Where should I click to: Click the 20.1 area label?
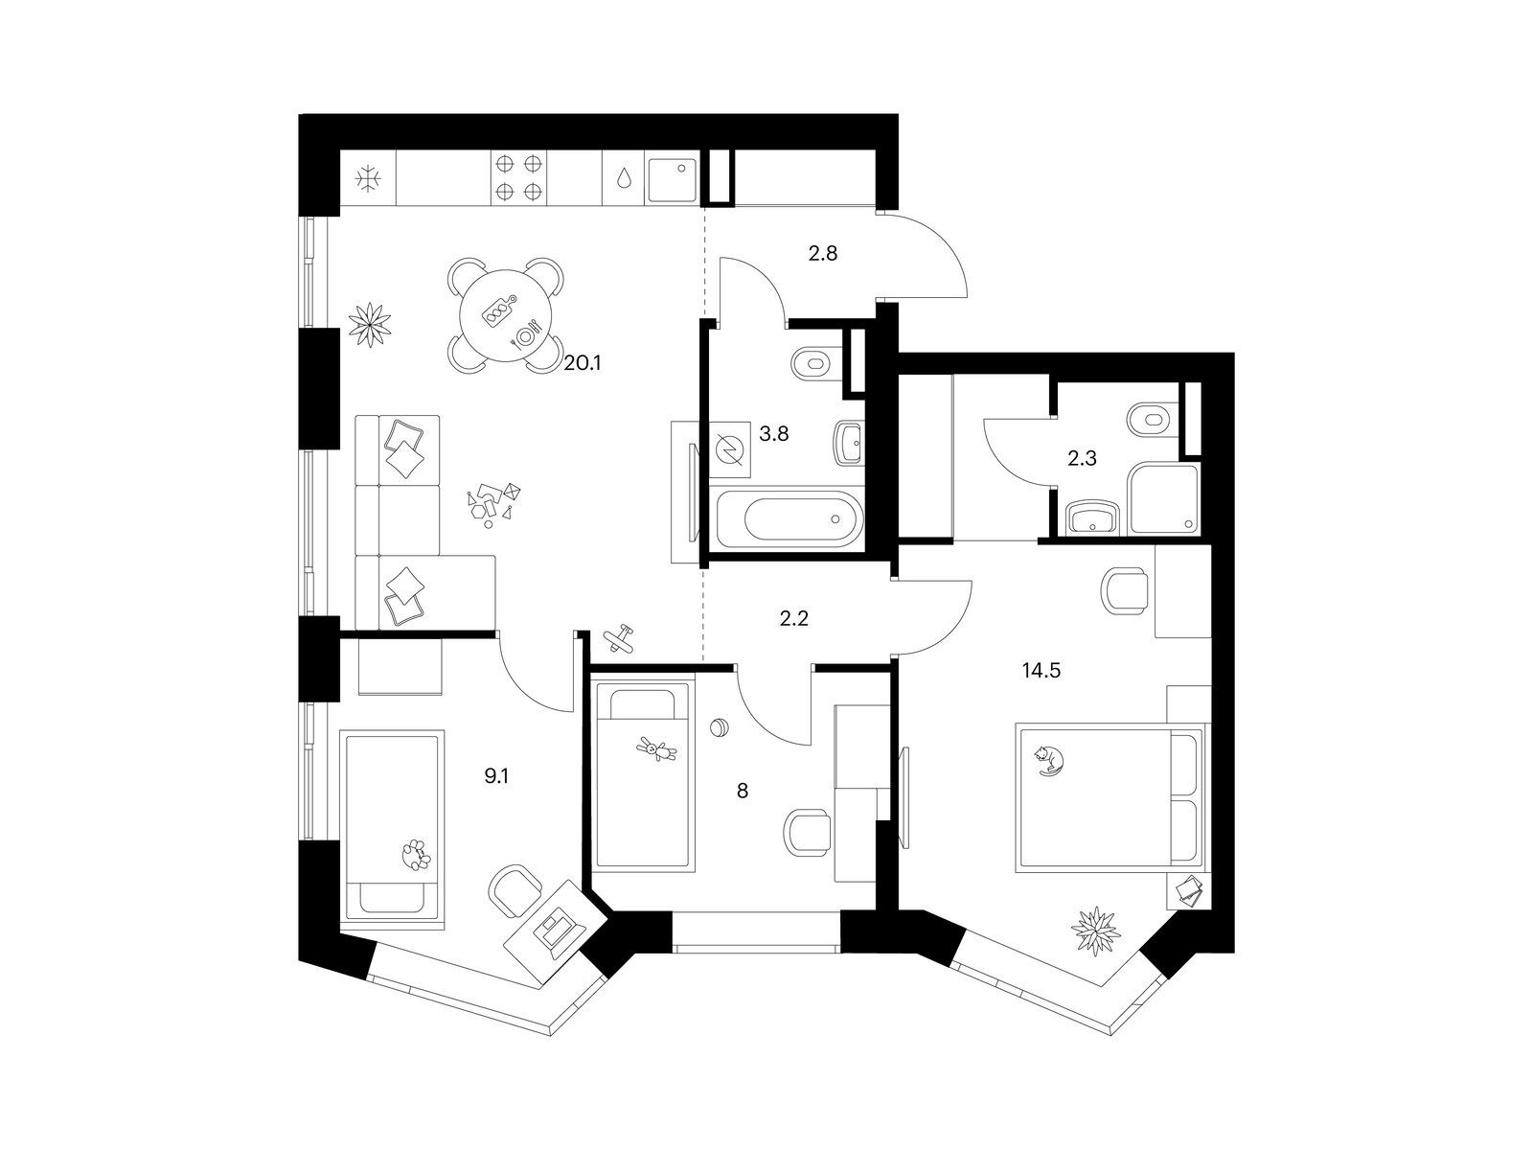pos(583,363)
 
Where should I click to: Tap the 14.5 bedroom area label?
pos(1041,671)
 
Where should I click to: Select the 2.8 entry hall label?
pos(823,253)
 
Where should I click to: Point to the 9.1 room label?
pos(496,776)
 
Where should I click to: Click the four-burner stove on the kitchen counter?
pos(518,177)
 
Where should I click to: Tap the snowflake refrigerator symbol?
pos(368,179)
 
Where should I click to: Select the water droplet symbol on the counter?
pos(624,179)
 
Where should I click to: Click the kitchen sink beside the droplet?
pos(672,179)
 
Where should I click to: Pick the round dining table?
pos(504,316)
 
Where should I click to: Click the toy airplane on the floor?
pos(618,636)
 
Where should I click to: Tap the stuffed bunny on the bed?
pos(656,750)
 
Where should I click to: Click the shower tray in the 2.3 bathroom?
pos(1162,497)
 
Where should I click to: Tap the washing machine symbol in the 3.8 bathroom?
pos(730,449)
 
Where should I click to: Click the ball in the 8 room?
pos(719,727)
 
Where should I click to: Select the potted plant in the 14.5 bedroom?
pos(1096,932)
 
